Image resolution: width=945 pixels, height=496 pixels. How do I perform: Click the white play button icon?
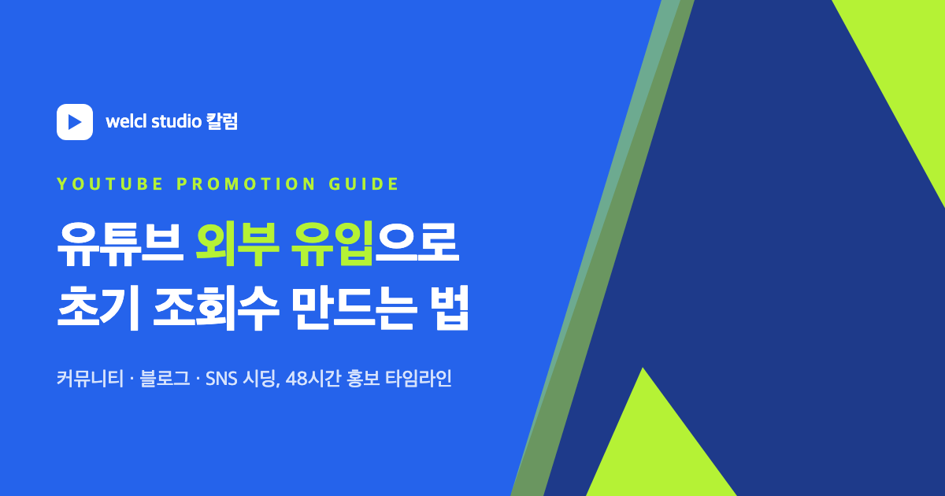pos(75,122)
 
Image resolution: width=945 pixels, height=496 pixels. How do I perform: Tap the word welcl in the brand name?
pos(126,121)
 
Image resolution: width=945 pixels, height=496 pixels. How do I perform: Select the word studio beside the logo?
pos(176,121)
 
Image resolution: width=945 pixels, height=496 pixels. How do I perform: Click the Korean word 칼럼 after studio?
pos(222,121)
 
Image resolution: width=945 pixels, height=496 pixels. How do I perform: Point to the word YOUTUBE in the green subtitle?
pos(109,184)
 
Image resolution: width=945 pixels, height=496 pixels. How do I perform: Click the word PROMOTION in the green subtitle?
pos(246,184)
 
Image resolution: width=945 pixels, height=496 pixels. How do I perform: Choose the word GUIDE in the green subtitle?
pos(364,184)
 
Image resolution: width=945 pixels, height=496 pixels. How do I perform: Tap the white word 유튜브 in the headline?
pos(120,244)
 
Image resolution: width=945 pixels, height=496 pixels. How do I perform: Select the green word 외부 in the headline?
pos(237,244)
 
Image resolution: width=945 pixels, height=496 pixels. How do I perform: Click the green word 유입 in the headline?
pos(333,244)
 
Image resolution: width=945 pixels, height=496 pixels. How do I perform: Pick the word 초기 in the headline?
pos(98,309)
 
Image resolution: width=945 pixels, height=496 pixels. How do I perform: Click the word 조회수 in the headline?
pos(216,309)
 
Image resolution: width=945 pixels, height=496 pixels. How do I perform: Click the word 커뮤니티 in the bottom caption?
pos(90,379)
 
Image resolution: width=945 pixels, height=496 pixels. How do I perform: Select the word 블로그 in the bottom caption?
pos(165,379)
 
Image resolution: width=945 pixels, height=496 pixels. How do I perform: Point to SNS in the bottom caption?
pos(221,379)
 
